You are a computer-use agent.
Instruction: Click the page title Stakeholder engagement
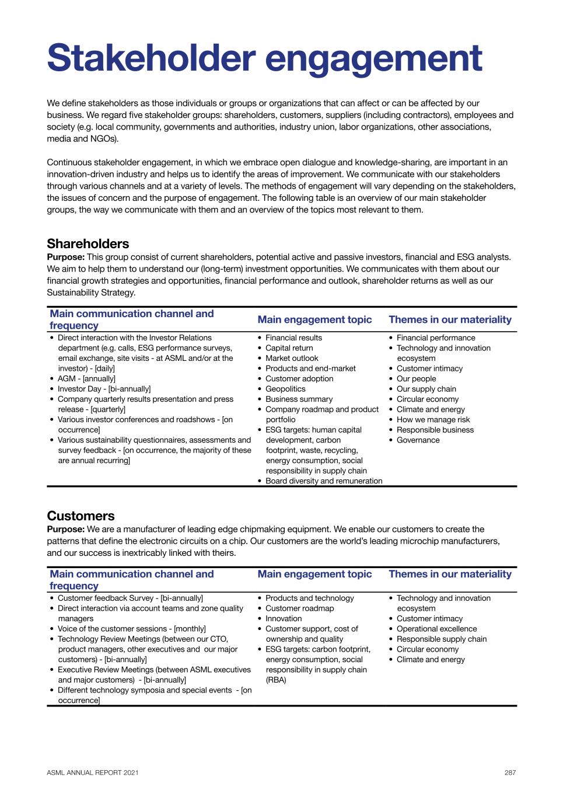point(264,58)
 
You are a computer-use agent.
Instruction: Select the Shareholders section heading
point(88,244)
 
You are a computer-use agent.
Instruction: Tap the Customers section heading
point(81,516)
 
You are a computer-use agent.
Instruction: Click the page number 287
point(510,772)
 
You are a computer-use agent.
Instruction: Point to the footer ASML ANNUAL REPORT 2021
point(93,772)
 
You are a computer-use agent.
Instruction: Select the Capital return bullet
point(289,348)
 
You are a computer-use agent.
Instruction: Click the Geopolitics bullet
point(285,389)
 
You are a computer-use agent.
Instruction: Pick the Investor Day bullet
point(104,389)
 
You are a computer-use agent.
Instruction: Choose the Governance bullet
point(418,440)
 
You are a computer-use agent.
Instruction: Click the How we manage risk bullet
point(433,420)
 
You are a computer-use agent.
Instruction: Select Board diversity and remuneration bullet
point(324,481)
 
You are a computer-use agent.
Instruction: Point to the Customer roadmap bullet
point(299,608)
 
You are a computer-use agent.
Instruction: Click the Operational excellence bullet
point(436,629)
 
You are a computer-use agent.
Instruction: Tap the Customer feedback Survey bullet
point(130,598)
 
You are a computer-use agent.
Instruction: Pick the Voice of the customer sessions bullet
point(131,629)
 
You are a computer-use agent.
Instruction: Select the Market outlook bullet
point(292,359)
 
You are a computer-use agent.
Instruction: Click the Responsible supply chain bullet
point(441,639)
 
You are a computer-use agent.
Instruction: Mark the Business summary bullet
point(299,399)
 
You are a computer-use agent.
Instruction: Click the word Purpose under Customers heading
point(65,530)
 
